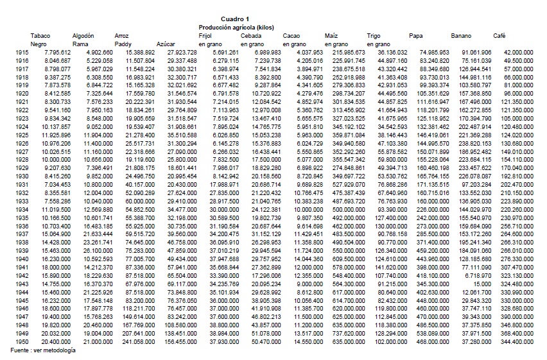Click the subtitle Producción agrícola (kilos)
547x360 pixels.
(x=236, y=28)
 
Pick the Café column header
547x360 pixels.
(x=499, y=35)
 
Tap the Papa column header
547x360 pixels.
(x=415, y=35)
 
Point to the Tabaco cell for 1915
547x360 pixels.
(x=58, y=51)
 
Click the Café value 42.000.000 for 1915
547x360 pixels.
(x=519, y=51)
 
